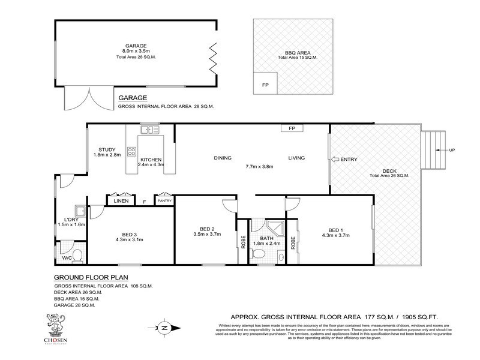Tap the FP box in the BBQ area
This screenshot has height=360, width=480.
tap(265, 85)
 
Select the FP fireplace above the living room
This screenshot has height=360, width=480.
tap(292, 128)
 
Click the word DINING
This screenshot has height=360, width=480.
tap(223, 158)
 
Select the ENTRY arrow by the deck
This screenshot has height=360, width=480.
tap(334, 159)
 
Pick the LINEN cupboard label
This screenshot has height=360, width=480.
tap(121, 202)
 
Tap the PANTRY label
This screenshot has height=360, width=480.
tap(164, 202)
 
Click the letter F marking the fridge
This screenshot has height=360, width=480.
tap(144, 202)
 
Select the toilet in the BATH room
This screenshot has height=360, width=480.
tap(260, 255)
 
